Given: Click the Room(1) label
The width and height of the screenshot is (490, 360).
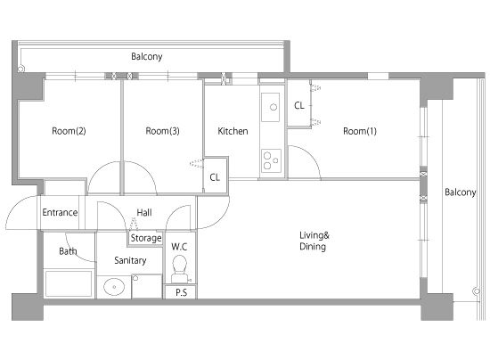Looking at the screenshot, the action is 360,131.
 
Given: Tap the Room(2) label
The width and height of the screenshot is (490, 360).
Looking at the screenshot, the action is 69,131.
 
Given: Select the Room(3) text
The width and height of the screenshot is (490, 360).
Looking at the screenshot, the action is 162,131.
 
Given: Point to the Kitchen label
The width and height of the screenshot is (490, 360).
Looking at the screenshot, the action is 233,131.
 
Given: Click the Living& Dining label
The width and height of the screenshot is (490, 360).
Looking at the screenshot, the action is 314,241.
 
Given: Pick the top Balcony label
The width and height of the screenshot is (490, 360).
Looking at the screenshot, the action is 147,56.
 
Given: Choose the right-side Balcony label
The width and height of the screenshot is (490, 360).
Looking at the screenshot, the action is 461,192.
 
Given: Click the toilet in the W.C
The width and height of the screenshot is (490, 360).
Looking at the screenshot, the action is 179,268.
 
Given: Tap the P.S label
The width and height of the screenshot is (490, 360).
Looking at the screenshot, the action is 181,292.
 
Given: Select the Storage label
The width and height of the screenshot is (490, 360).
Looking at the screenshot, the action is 146,238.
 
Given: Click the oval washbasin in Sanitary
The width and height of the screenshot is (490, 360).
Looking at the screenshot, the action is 114,287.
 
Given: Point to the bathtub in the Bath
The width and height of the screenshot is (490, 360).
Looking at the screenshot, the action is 69,283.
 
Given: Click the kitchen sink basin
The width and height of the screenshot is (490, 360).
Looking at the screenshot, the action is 270,107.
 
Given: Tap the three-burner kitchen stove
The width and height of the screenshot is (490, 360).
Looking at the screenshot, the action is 271,160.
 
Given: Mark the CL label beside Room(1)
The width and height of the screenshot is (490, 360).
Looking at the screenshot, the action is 299,106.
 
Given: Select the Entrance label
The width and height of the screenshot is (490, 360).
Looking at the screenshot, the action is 60,212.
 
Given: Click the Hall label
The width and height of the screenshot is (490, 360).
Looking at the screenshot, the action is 144,213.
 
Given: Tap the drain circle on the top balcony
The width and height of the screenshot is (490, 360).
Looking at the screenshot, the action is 21,69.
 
